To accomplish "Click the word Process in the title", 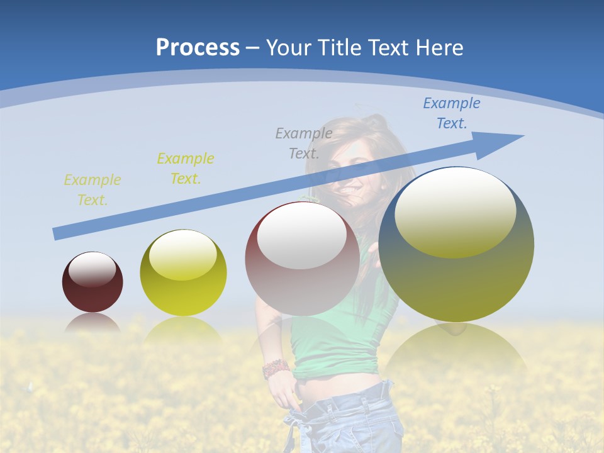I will point(198,47).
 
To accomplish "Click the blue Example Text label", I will point(451,113).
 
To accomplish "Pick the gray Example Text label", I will point(304,143).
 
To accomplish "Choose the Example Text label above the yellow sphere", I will point(186,169).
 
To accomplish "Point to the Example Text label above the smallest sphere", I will point(92,190).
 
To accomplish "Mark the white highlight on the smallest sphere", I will point(92,269).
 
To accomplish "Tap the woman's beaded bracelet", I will point(276,368).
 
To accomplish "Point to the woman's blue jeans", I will point(352,422).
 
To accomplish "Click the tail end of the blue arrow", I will point(59,233).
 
